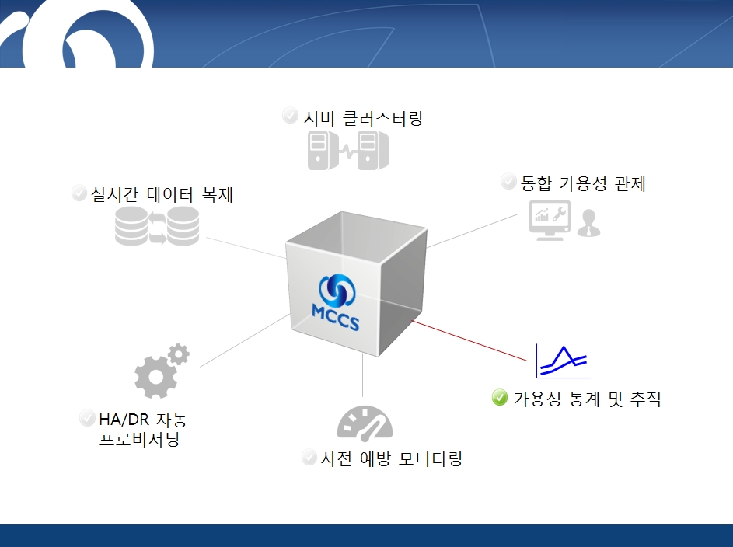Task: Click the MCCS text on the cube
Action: pyautogui.click(x=335, y=318)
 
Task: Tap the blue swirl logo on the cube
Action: pyautogui.click(x=337, y=290)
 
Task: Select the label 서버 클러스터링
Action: pyautogui.click(x=363, y=118)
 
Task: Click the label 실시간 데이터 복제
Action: pyautogui.click(x=162, y=194)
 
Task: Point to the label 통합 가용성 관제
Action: pyautogui.click(x=583, y=183)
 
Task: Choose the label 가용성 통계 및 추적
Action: pyautogui.click(x=587, y=399)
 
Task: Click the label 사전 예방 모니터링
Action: pyautogui.click(x=391, y=458)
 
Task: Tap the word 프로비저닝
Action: pyautogui.click(x=140, y=439)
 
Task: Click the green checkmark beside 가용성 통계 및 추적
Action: pyautogui.click(x=500, y=398)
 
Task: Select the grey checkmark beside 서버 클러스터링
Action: pyautogui.click(x=290, y=115)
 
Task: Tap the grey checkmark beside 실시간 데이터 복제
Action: pyautogui.click(x=79, y=193)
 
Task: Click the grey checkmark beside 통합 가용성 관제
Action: pyautogui.click(x=508, y=181)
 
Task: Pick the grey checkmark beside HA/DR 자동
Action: pyautogui.click(x=87, y=417)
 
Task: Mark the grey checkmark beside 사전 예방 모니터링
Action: pyautogui.click(x=309, y=457)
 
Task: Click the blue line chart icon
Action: pyautogui.click(x=563, y=361)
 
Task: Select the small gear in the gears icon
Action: pyautogui.click(x=179, y=354)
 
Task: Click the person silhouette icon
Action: pyautogui.click(x=588, y=223)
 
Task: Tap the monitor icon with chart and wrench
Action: pyautogui.click(x=550, y=220)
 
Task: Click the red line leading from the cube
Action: pyautogui.click(x=469, y=340)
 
